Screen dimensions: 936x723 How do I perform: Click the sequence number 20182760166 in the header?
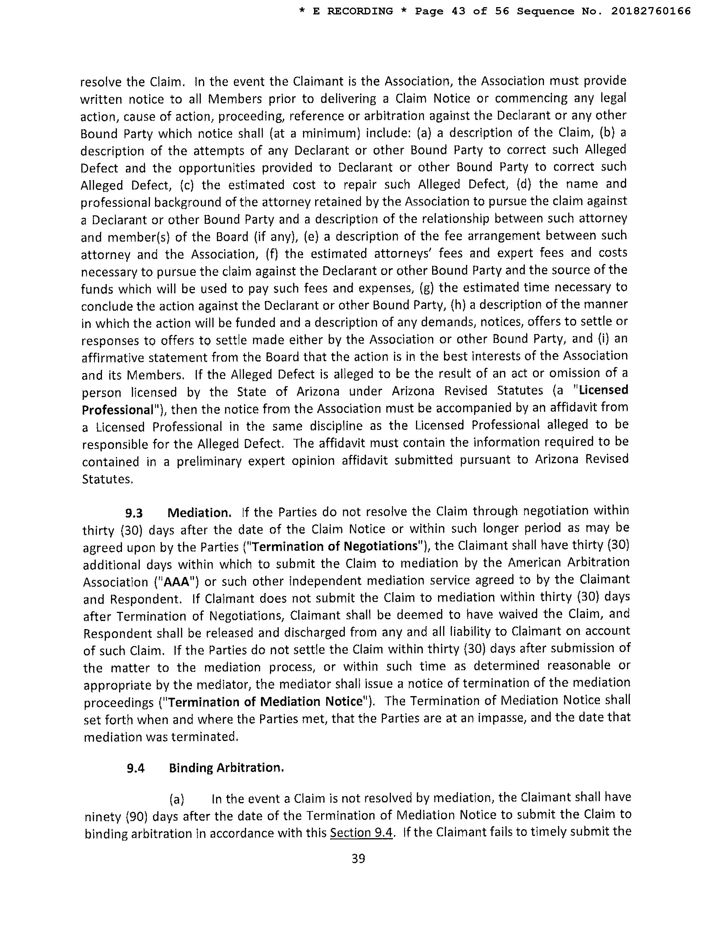[x=651, y=11]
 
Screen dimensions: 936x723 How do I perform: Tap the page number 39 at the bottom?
[x=358, y=859]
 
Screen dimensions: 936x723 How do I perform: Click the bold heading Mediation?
[x=199, y=513]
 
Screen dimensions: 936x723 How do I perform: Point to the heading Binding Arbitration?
[x=226, y=768]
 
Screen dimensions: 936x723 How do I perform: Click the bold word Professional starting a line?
[x=117, y=410]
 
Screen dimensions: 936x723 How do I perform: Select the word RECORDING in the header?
[x=360, y=11]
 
